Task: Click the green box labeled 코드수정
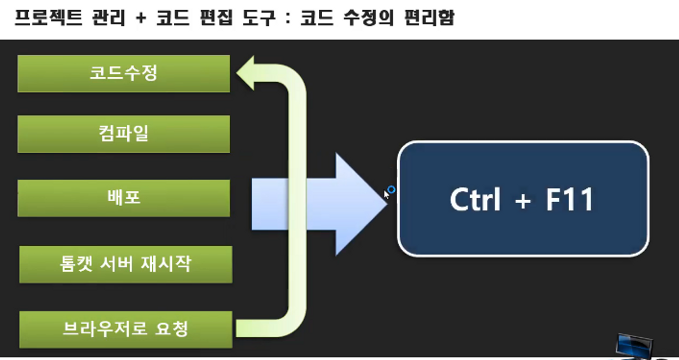[x=123, y=74]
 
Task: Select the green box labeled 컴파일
[x=123, y=134]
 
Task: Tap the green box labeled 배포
[x=123, y=198]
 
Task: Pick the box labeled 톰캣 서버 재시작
[x=125, y=264]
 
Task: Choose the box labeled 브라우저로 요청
[x=125, y=330]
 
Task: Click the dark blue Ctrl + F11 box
[x=523, y=198]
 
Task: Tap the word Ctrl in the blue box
[x=475, y=199]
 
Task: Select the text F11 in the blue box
[x=569, y=199]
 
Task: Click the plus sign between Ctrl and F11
[x=522, y=201]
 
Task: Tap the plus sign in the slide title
[x=141, y=19]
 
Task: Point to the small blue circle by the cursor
[x=392, y=190]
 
